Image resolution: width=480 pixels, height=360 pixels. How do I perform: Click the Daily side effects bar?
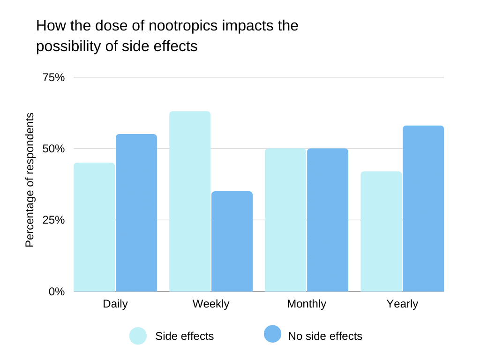[94, 227]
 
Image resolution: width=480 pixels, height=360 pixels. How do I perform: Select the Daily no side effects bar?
[136, 213]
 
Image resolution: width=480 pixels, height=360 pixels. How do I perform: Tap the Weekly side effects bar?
[190, 201]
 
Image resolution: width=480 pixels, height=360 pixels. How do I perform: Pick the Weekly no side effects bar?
[232, 241]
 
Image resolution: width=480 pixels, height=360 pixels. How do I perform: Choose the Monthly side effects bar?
[285, 220]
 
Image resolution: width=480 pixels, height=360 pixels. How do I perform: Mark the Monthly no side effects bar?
[328, 220]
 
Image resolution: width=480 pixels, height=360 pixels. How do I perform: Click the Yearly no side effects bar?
[423, 209]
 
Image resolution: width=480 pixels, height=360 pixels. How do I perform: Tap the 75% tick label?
[54, 77]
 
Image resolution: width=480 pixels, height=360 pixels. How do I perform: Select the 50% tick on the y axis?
[54, 149]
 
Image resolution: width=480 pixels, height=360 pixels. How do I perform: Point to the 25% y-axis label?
[54, 220]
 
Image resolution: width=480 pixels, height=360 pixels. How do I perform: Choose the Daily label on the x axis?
[115, 304]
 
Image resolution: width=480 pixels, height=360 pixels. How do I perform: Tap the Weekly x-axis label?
[211, 304]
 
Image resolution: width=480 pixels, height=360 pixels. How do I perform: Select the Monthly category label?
[307, 304]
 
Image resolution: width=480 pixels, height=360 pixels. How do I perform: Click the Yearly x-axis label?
[402, 304]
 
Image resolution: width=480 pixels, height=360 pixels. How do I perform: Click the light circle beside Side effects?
[138, 336]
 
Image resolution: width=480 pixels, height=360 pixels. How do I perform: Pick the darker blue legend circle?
[272, 334]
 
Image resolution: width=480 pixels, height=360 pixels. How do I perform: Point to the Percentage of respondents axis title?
[30, 180]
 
